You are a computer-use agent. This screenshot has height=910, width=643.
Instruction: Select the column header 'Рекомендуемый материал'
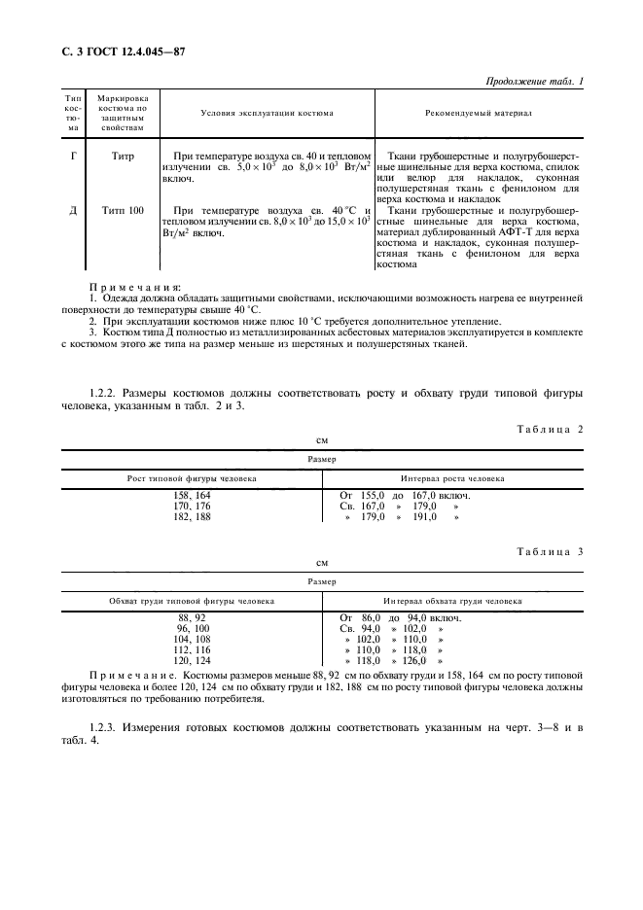click(478, 114)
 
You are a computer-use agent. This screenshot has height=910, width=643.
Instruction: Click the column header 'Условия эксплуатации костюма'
click(267, 114)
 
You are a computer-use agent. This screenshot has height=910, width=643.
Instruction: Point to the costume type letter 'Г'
click(74, 156)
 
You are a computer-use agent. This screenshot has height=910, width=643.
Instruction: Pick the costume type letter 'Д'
click(74, 210)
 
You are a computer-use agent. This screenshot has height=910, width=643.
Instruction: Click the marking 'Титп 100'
click(123, 210)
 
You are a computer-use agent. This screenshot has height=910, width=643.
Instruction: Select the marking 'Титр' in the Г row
click(123, 156)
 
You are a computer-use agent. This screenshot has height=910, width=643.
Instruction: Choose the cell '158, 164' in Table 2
click(192, 496)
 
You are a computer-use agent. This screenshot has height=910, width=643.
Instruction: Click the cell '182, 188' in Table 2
click(192, 517)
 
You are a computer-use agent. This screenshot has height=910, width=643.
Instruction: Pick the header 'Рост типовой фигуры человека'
click(192, 478)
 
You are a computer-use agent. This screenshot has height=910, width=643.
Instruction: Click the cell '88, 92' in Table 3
click(192, 618)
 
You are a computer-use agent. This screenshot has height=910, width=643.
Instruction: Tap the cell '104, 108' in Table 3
click(192, 640)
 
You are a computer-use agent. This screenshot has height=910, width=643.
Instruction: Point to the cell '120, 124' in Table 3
click(192, 661)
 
